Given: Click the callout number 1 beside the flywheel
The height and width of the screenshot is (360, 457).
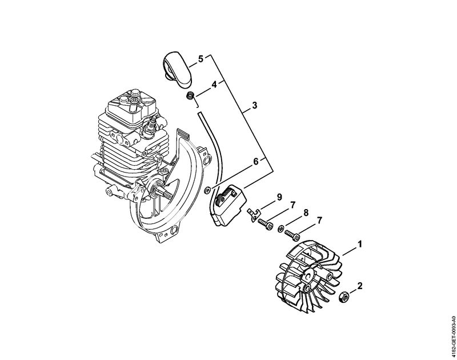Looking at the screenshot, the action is point(360,244).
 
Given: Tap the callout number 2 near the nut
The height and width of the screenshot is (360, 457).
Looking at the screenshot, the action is point(360,286).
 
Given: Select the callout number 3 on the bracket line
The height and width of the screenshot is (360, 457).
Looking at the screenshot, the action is point(255,105).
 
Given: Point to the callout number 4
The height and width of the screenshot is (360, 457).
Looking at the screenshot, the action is point(214,85).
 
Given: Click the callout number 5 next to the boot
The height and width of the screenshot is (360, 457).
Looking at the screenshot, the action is point(201,59).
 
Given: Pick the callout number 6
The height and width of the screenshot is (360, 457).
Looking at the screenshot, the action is point(256,161).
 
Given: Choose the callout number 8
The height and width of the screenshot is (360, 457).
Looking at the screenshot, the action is point(306,213).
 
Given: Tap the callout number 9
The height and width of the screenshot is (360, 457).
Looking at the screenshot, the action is point(279,197).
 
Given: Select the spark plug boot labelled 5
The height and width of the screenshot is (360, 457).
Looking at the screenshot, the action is point(177,69).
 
